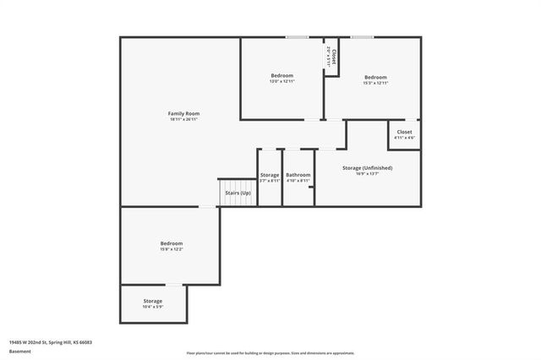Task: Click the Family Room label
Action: (183, 113)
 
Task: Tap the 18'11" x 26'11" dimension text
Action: (183, 119)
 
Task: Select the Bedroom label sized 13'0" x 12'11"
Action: (281, 76)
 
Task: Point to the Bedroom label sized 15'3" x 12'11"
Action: (375, 77)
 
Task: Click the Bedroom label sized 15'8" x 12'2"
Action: (172, 243)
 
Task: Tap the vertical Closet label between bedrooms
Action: (334, 56)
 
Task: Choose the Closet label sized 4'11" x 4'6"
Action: (405, 132)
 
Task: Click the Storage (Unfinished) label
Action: (367, 168)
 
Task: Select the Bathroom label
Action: (298, 175)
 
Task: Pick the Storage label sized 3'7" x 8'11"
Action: (270, 175)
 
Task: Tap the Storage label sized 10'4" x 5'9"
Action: (153, 301)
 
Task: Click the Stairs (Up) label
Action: (238, 194)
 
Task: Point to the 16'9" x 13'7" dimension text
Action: (367, 174)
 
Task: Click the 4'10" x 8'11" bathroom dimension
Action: (298, 181)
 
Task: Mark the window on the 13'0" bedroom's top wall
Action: (296, 37)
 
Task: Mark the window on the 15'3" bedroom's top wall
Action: (363, 37)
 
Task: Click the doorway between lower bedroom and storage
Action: (172, 285)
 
